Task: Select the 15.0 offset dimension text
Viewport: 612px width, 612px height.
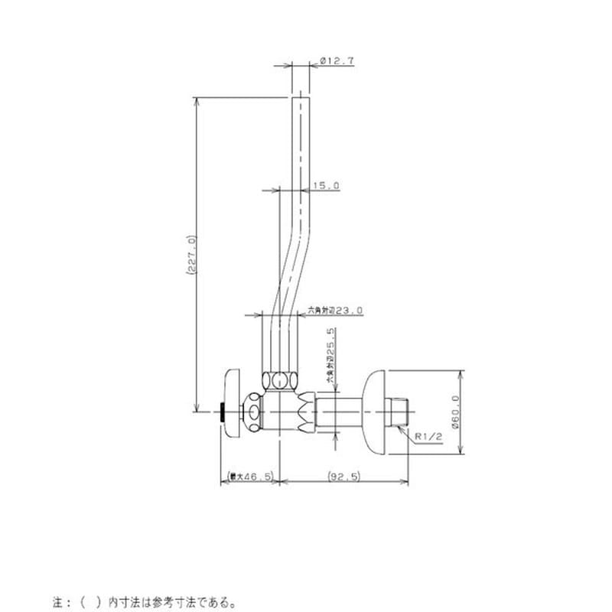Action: [326, 186]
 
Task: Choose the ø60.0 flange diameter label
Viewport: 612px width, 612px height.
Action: [457, 416]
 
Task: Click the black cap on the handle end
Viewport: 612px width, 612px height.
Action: [222, 412]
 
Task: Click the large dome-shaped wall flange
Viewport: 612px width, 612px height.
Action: [378, 412]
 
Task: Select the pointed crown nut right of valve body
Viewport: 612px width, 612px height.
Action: [307, 412]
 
